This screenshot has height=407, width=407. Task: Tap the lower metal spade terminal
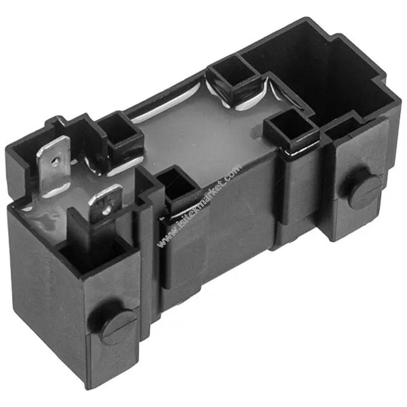click(x=105, y=203)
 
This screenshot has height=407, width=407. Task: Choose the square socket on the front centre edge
click(x=176, y=185)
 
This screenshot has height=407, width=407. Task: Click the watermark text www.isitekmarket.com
click(x=199, y=206)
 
